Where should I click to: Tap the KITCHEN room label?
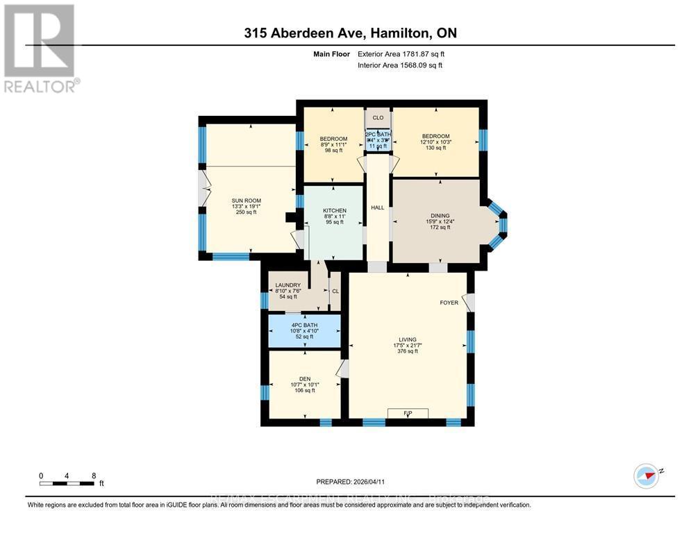coord(334,210)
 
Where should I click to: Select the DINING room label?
coord(438,216)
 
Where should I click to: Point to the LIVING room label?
coord(408,339)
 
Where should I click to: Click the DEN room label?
coord(305,378)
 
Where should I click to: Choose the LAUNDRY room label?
coord(287,285)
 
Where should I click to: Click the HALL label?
coord(377,208)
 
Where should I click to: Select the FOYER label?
coord(449,303)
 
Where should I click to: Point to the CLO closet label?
coord(378,118)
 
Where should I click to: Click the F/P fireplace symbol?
coord(408,414)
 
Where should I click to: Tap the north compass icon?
coord(646,476)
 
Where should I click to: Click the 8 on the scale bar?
coord(94,476)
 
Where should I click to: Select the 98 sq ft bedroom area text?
coord(333,150)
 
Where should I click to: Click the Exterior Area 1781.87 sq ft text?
coord(399,53)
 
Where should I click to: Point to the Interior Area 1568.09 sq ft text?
coord(399,65)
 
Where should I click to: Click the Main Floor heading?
coord(333,53)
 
